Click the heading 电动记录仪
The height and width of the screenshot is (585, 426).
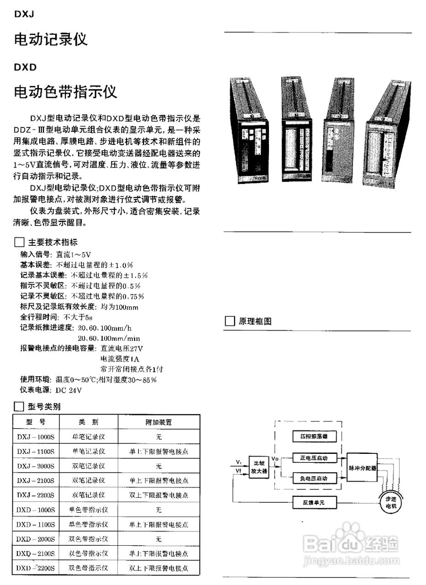tap(51, 40)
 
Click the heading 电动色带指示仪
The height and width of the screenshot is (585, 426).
tap(66, 92)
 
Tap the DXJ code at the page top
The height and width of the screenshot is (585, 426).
tap(24, 14)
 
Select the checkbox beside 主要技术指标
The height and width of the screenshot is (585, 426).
tap(19, 242)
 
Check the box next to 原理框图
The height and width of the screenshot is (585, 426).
tap(230, 321)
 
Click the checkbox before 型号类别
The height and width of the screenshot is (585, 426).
tap(19, 407)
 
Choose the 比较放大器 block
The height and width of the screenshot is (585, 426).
tap(259, 468)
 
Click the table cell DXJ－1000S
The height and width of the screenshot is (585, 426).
tap(36, 436)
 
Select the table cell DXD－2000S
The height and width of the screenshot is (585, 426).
tap(36, 539)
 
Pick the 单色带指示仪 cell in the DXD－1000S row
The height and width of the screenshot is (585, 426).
tap(89, 510)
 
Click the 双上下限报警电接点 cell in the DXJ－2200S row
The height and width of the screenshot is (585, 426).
tap(158, 495)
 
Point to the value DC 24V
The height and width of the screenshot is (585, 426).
tap(68, 390)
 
